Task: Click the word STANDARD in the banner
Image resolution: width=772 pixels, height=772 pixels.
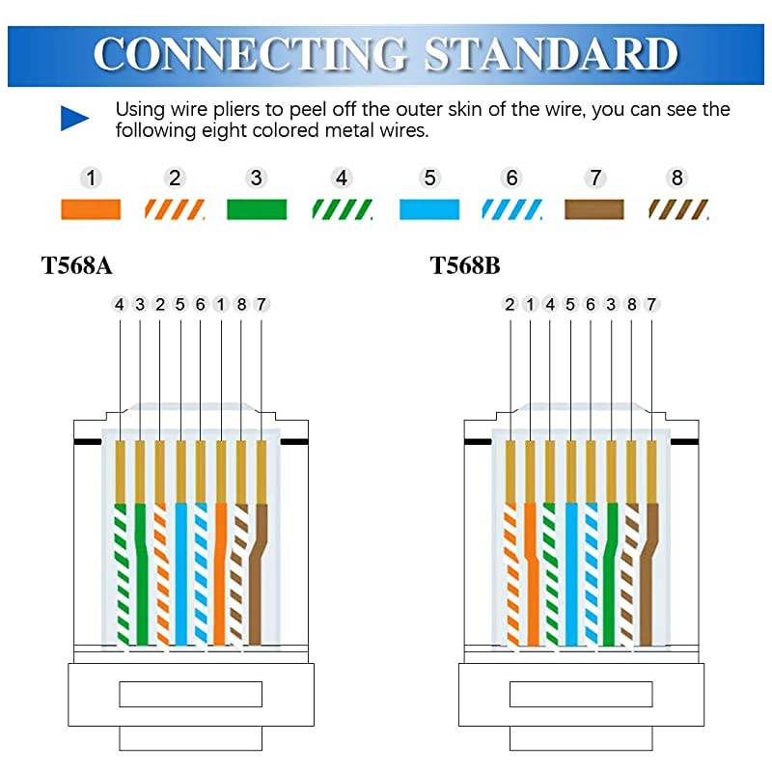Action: tap(551, 53)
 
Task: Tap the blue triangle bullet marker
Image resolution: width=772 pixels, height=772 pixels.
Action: tap(74, 119)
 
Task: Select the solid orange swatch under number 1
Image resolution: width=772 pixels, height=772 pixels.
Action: tap(91, 209)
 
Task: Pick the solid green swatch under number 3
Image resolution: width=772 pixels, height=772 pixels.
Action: tap(257, 209)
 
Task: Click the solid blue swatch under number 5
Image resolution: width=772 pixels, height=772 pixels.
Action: tap(429, 209)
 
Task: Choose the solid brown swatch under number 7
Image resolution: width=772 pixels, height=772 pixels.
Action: tap(594, 209)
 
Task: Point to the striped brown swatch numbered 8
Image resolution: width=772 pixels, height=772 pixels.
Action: tap(678, 209)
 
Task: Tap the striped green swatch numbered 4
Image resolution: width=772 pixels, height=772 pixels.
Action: tap(342, 209)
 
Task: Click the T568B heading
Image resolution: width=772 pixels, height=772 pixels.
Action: tap(465, 265)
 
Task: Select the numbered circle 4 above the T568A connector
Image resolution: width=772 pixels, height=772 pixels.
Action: tap(120, 304)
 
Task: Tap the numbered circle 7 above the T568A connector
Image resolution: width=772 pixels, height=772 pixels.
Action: tap(261, 304)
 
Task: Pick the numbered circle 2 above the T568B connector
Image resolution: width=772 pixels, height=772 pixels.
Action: tap(510, 304)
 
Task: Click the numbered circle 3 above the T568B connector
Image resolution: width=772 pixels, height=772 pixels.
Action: tap(611, 304)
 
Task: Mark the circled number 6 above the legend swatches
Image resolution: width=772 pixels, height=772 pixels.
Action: tap(512, 178)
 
